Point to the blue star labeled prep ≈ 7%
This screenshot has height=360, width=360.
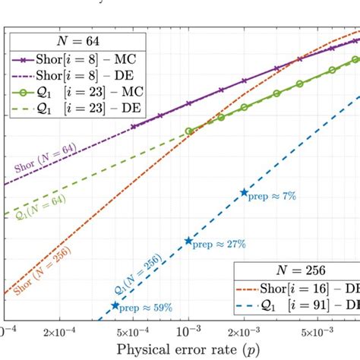tap(244, 193)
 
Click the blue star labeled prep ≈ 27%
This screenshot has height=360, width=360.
tap(189, 241)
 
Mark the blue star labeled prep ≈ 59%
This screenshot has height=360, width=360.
tap(115, 306)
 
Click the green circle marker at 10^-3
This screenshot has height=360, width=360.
tap(189, 131)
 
